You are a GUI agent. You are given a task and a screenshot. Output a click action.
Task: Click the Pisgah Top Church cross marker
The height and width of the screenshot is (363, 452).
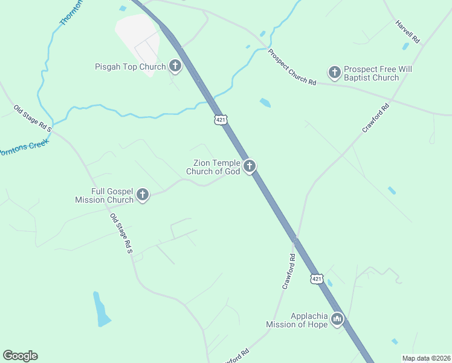[175, 66]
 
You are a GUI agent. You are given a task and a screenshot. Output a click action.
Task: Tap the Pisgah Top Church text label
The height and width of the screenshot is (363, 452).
[130, 67]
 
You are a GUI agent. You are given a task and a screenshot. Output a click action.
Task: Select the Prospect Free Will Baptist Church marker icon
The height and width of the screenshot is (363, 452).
[334, 73]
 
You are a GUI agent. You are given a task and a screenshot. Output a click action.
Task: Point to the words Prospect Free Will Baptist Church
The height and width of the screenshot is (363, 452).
[378, 73]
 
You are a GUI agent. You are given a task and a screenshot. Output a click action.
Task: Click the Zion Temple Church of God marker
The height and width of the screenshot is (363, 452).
[250, 166]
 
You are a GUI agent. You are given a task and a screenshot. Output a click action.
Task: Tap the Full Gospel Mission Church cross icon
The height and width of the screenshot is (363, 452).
[143, 194]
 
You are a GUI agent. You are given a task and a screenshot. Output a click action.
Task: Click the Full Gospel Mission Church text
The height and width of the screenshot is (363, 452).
[104, 195]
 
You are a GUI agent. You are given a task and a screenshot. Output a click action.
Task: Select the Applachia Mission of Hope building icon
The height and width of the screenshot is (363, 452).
[337, 319]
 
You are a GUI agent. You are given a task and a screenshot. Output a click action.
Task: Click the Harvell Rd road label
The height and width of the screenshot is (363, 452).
[407, 31]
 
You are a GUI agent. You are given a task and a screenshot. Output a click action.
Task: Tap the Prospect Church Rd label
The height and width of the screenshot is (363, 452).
[292, 67]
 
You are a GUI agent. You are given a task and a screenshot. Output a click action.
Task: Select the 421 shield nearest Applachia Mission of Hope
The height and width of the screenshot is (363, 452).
[317, 278]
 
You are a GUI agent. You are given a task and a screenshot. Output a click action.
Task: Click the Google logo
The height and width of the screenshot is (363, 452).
[20, 356]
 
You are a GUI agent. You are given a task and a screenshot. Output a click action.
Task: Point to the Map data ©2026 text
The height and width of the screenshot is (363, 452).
[426, 358]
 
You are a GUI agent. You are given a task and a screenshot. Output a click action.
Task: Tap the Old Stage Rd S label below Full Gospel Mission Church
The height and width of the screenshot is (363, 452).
[121, 233]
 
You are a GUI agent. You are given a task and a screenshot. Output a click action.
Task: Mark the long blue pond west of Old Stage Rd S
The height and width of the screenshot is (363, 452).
[102, 309]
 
